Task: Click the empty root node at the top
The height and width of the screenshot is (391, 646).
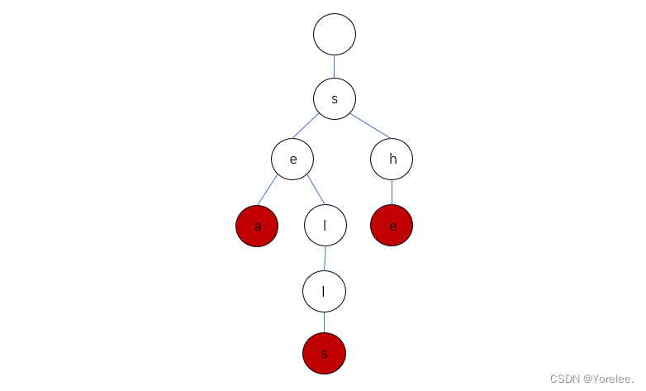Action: point(335,35)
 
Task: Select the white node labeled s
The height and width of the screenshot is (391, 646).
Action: point(335,98)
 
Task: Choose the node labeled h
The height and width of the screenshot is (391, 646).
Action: point(392,160)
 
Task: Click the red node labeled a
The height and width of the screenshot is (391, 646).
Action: point(257,226)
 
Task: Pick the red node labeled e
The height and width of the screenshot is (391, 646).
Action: point(392,226)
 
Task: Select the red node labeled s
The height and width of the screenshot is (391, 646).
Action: point(324,354)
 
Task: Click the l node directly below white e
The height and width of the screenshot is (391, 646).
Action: point(325,226)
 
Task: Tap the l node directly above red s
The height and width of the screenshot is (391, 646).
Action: point(324,291)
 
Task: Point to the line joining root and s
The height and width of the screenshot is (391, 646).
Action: point(335,66)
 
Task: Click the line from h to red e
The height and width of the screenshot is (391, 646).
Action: point(392,193)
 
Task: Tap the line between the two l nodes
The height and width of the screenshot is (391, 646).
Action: point(325,258)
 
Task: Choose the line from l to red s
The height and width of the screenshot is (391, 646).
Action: point(324,322)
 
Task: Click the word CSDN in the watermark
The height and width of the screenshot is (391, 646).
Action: point(565,378)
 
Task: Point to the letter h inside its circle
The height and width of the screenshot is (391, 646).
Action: point(392,160)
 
